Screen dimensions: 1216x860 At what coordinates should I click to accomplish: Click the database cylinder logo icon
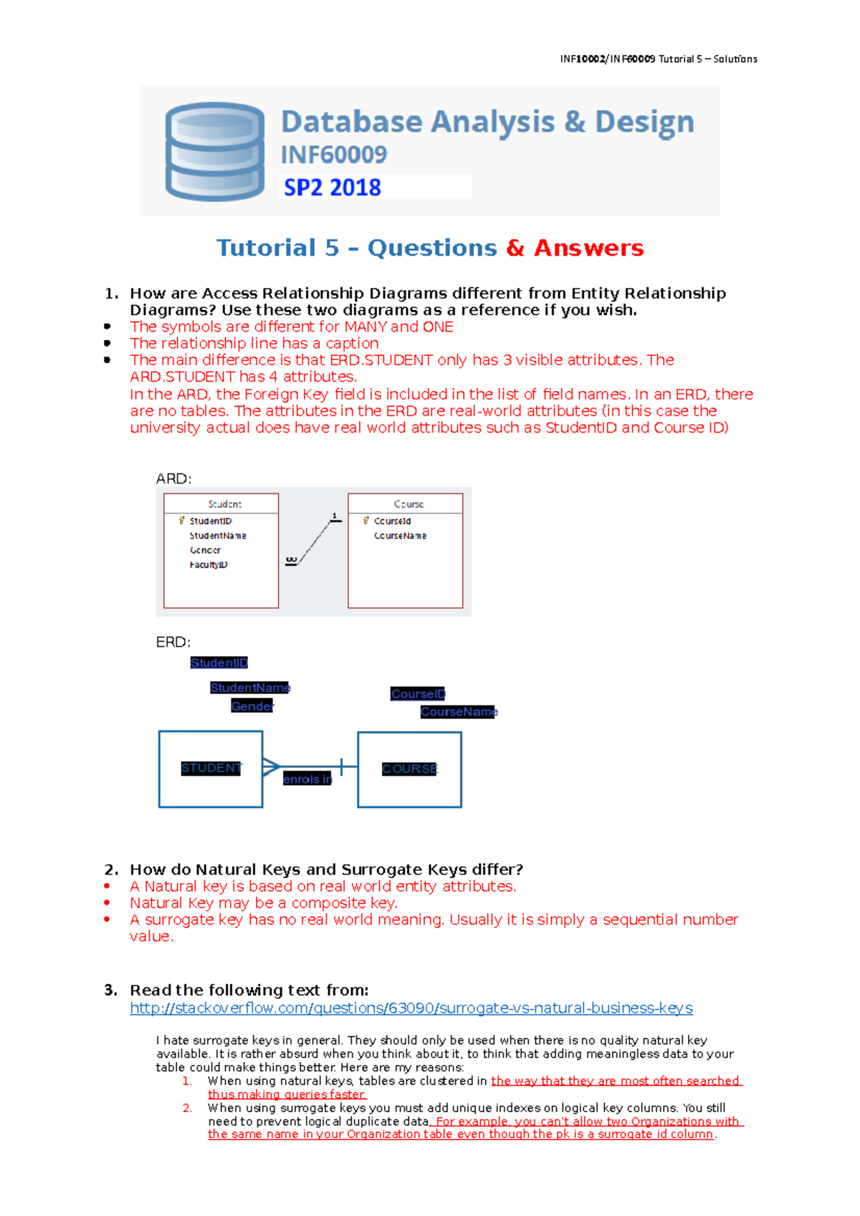coord(215,151)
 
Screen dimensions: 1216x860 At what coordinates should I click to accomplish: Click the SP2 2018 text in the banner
coord(333,188)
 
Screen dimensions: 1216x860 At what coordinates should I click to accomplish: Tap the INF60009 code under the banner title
coord(334,155)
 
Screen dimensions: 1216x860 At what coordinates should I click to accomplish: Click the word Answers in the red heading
coord(588,248)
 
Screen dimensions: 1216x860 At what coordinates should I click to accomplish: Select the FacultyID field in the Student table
coord(209,565)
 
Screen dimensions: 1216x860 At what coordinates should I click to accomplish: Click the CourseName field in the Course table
coord(400,536)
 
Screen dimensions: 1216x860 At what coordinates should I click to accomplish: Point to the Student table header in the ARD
coord(224,504)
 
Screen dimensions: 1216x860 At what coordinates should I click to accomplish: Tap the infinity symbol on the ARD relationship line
coord(290,561)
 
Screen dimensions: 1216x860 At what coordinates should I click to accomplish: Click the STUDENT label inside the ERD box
coord(211,768)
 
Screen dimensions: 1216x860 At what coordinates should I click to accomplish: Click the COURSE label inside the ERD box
coord(409,768)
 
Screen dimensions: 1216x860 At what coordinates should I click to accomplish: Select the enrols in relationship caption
coord(307,779)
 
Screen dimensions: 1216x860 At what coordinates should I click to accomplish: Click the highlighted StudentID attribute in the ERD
coord(219,663)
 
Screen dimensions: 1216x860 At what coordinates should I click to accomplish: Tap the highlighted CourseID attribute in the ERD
coord(418,694)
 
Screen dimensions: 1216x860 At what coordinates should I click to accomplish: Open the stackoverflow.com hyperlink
coord(411,1008)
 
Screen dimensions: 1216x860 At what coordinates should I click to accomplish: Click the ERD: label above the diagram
coord(173,642)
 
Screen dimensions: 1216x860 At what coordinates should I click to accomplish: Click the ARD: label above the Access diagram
coord(173,478)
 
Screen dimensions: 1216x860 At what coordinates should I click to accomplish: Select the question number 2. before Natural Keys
coord(111,869)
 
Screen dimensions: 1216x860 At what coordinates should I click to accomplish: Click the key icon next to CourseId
coord(366,521)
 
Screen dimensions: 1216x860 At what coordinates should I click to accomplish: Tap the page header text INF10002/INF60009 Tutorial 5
coord(658,59)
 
